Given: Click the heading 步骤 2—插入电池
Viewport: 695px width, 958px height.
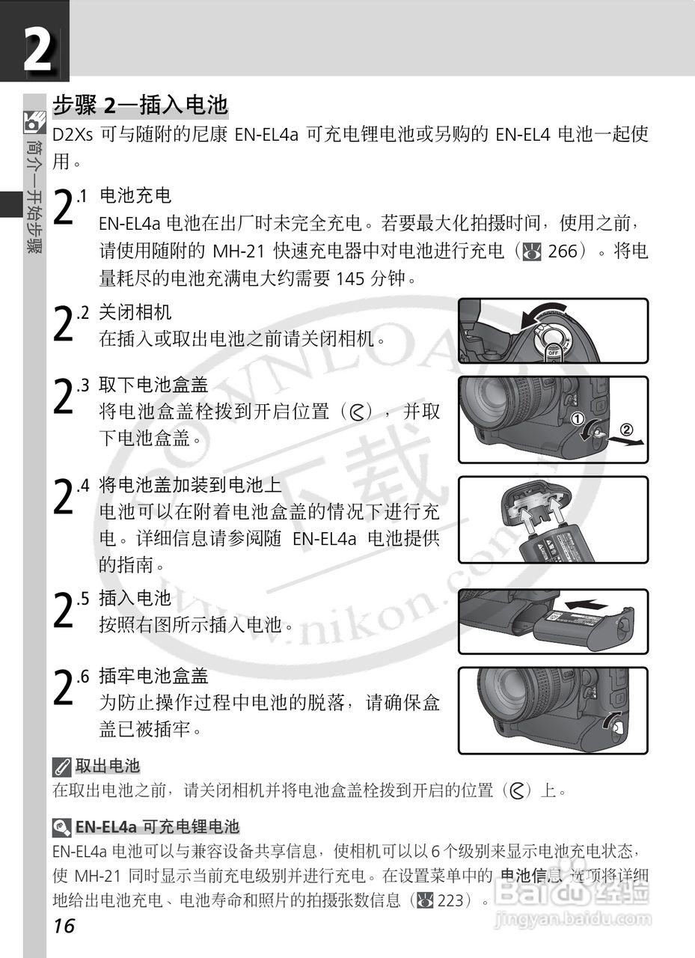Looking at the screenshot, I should point(140,105).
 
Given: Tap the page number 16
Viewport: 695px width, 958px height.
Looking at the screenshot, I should point(64,926).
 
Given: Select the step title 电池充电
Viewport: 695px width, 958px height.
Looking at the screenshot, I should point(135,196).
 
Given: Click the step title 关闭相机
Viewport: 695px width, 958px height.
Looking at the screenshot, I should point(135,313).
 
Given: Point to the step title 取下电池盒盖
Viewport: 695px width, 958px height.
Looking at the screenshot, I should point(153,385).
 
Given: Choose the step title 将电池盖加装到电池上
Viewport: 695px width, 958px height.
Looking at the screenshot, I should point(190,485).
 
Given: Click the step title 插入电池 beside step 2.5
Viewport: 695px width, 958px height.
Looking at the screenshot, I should point(135,598).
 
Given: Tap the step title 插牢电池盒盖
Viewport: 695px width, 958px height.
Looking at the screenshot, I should point(153,676).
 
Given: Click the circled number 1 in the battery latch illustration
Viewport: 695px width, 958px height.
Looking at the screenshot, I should point(578,419).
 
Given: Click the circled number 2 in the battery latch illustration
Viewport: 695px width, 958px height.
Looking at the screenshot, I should point(627,430).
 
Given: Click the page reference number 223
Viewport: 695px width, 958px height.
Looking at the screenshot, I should point(450,900).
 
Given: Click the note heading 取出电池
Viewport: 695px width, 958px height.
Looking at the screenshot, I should point(108,766).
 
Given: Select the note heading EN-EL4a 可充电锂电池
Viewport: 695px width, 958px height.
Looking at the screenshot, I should point(157,826).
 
